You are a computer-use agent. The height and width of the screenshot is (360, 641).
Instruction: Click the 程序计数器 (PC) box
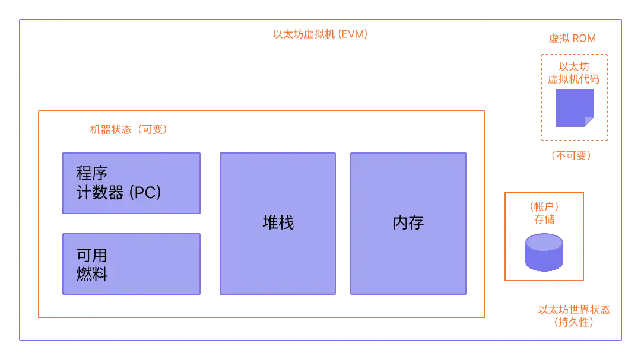[132, 183]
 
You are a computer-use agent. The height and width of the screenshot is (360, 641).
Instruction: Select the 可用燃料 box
[132, 264]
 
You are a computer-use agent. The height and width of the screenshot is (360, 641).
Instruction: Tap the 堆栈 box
[278, 223]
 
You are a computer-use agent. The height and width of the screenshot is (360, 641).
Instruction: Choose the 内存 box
[408, 223]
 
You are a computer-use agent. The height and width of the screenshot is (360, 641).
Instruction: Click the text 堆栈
[278, 223]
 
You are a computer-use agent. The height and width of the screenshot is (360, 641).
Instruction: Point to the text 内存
[408, 223]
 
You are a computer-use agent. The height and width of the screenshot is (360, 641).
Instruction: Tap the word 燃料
[92, 275]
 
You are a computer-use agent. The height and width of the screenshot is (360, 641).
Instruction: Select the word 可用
[92, 256]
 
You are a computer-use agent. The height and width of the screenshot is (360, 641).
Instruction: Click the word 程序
[92, 174]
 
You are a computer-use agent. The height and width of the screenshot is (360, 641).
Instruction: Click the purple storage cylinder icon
[544, 251]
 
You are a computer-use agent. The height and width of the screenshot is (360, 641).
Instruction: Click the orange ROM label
[572, 39]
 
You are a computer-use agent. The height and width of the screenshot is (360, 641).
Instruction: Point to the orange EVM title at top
[320, 34]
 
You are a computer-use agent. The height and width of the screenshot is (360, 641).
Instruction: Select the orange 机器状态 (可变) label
[128, 130]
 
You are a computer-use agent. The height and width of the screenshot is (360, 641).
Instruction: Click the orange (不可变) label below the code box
[572, 155]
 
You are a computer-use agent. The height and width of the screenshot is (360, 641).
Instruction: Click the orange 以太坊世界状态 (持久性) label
[573, 316]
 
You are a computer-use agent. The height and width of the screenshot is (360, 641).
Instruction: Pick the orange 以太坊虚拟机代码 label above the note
[573, 73]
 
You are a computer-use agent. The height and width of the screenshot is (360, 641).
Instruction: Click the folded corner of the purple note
[589, 122]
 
